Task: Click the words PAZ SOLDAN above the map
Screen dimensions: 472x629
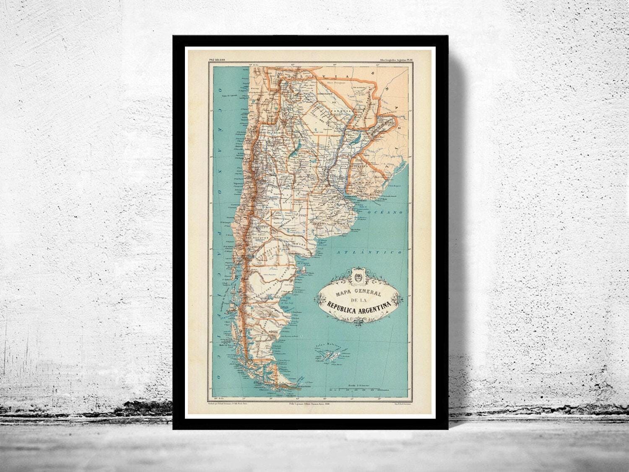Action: tap(217, 60)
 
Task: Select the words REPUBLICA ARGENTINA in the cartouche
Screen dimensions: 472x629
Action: tap(359, 306)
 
